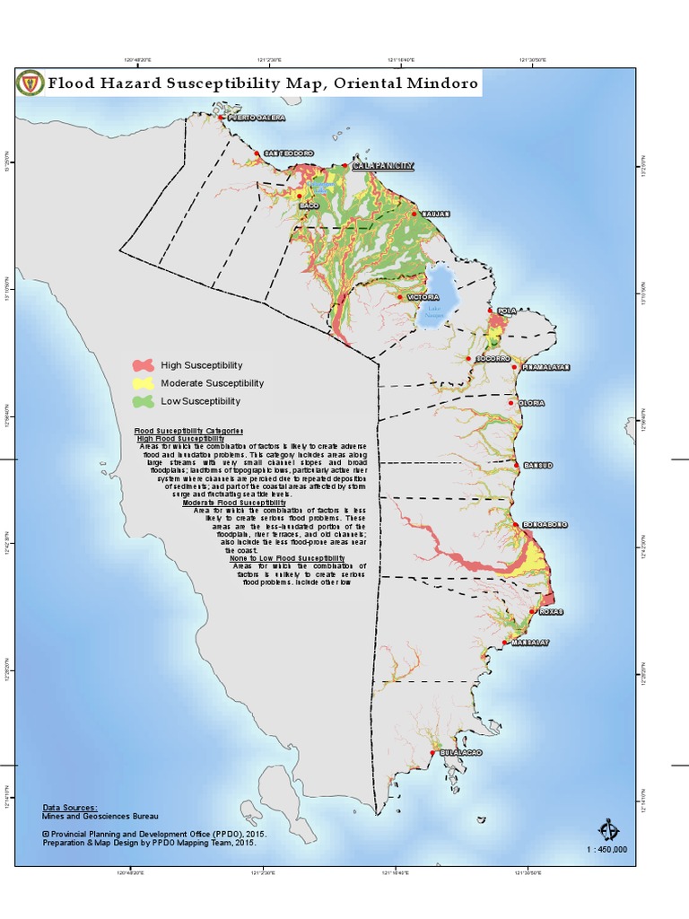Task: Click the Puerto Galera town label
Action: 257,118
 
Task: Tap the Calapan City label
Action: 383,166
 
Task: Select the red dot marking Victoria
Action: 400,297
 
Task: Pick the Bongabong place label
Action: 544,524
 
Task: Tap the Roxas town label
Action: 552,612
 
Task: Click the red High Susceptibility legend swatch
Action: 144,365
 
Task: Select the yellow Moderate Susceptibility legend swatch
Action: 144,383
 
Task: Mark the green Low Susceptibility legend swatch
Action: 144,401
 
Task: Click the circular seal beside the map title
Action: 30,84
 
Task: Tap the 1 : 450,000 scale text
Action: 607,849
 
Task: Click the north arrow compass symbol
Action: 608,828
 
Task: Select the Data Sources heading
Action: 70,808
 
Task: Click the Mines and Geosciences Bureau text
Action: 100,817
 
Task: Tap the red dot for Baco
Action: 300,196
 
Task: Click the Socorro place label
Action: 493,359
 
